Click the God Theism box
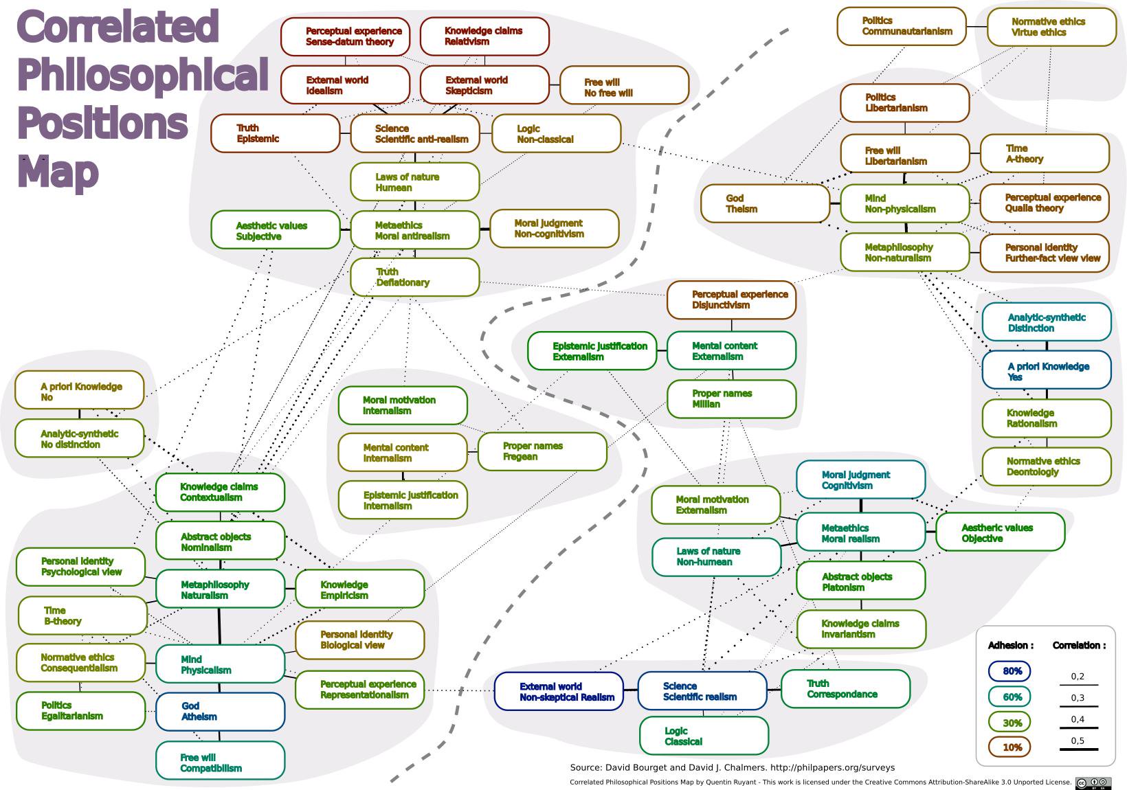pos(765,204)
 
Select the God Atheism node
pos(220,712)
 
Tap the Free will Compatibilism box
pos(220,761)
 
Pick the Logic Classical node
pos(704,736)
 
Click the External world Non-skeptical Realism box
pos(559,691)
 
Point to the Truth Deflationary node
pos(414,277)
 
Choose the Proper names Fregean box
pos(542,451)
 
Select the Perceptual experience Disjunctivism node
pos(731,300)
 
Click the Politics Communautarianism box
pos(901,26)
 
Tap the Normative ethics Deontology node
pos(1046,466)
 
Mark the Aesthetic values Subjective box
pos(276,230)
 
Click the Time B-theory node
pos(82,616)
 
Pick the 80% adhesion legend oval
pos(1009,671)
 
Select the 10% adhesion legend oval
pos(1009,747)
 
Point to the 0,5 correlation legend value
pos(1078,741)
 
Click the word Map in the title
pos(58,171)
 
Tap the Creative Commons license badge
pos(1093,782)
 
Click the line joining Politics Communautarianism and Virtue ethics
pos(977,26)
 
